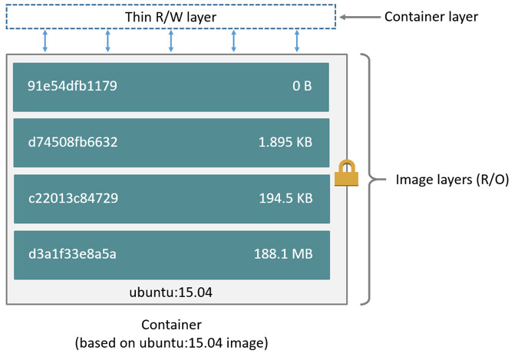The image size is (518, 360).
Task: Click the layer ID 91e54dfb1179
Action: [72, 86]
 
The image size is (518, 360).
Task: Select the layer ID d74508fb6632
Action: [73, 142]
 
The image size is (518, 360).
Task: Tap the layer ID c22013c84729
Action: [73, 198]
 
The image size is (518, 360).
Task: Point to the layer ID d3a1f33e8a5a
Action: [72, 254]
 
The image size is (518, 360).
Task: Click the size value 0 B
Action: [302, 86]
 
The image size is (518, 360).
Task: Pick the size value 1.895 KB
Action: [285, 142]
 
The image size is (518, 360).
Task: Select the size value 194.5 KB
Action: [285, 198]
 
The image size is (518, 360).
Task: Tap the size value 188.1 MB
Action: [282, 254]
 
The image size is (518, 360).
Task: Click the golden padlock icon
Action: [347, 173]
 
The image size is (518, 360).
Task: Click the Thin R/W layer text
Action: [171, 17]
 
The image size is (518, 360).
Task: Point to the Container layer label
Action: [431, 16]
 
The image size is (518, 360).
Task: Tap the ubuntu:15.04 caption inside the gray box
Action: [171, 292]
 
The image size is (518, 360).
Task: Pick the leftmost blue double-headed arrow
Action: [45, 41]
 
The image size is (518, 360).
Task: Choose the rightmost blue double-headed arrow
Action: [297, 41]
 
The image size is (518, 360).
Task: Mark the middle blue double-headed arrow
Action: [171, 41]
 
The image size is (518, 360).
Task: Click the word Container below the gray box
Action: [171, 325]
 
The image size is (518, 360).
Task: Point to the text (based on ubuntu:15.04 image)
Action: [171, 342]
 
